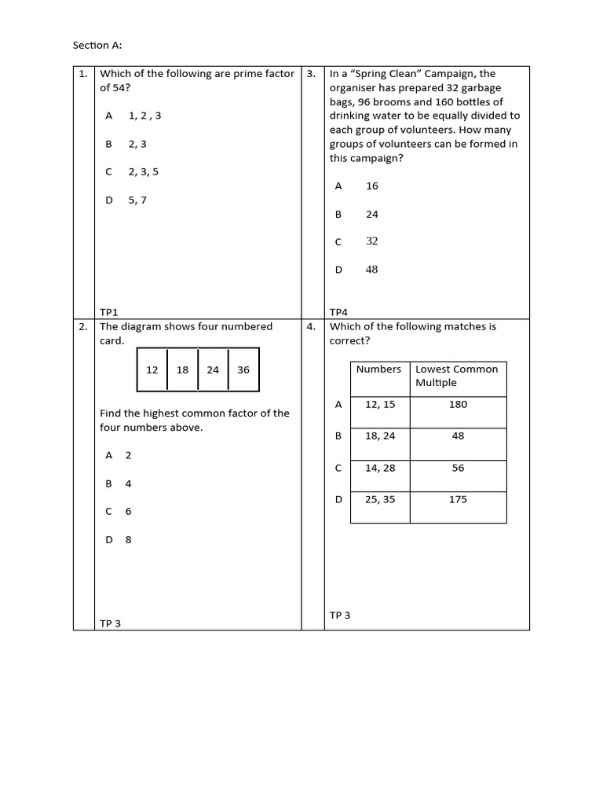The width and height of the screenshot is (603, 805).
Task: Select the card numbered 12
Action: click(x=152, y=369)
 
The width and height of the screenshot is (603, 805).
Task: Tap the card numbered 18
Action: click(x=182, y=369)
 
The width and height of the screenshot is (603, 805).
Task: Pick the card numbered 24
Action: click(x=213, y=369)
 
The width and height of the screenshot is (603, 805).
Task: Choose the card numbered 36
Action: click(x=243, y=369)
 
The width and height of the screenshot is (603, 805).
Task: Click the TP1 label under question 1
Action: click(x=109, y=311)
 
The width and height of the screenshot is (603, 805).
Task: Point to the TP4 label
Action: click(x=338, y=311)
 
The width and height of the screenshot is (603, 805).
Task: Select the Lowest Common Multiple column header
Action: click(x=457, y=376)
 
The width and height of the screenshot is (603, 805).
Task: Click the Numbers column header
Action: click(x=378, y=369)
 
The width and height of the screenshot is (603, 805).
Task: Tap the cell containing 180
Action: click(x=458, y=404)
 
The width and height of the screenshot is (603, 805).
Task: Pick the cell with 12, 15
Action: click(x=380, y=404)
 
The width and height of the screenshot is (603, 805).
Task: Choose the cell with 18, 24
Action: click(x=380, y=436)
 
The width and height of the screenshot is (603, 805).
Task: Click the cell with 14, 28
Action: click(x=380, y=468)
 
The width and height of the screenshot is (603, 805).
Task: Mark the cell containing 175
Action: click(x=458, y=499)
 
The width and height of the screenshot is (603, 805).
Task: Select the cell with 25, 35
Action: click(x=380, y=499)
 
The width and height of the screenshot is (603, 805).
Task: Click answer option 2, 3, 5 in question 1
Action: click(x=144, y=171)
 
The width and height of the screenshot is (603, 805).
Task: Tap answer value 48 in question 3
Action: click(x=371, y=270)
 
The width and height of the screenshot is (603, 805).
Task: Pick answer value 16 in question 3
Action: click(x=372, y=186)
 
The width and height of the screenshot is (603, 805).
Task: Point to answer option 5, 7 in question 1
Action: click(x=137, y=200)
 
